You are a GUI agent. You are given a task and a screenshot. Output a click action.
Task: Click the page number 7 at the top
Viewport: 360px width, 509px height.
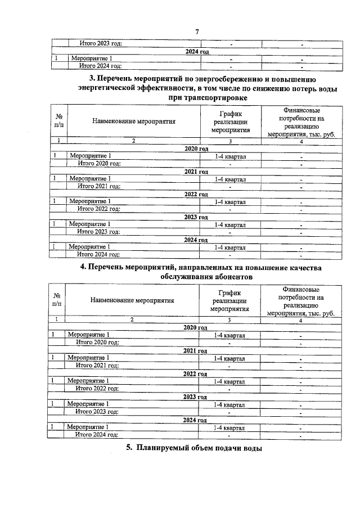click(x=197, y=32)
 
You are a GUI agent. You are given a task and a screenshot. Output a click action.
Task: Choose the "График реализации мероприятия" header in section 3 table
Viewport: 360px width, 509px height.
click(x=230, y=121)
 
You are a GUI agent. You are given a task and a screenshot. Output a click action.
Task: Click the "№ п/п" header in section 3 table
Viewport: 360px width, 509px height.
click(x=58, y=121)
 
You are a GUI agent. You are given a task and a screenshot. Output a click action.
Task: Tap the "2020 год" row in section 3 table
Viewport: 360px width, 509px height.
click(x=196, y=148)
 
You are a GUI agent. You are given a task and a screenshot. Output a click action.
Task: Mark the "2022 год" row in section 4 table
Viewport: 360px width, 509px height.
click(x=195, y=373)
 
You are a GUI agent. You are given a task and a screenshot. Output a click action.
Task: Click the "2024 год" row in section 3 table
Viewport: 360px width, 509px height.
click(x=196, y=239)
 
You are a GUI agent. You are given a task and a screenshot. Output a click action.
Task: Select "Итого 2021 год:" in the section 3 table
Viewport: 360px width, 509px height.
click(x=99, y=186)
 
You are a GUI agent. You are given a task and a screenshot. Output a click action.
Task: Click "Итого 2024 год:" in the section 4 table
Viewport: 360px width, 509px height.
click(x=97, y=435)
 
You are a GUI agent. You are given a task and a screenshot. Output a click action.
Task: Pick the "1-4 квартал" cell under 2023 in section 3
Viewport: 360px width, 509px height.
click(x=230, y=224)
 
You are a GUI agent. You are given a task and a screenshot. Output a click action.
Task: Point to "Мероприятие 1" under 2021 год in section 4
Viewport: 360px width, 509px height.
click(x=88, y=358)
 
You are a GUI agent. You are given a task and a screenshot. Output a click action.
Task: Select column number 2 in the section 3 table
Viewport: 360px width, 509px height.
click(x=133, y=141)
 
